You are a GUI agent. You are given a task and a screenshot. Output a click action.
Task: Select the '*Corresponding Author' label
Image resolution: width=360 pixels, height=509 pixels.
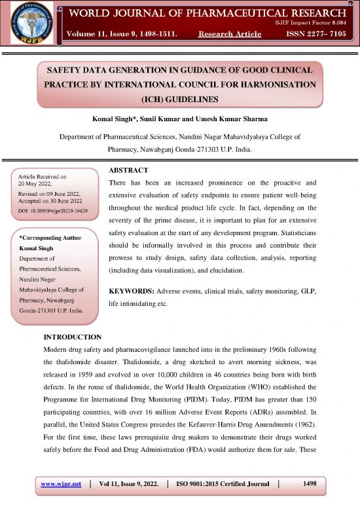coord(49,238)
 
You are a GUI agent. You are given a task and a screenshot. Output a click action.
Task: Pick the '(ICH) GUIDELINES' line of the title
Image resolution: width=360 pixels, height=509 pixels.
coord(179,101)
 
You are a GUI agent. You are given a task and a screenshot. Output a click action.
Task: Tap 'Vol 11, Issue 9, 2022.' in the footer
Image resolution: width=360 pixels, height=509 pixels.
coord(126,483)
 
